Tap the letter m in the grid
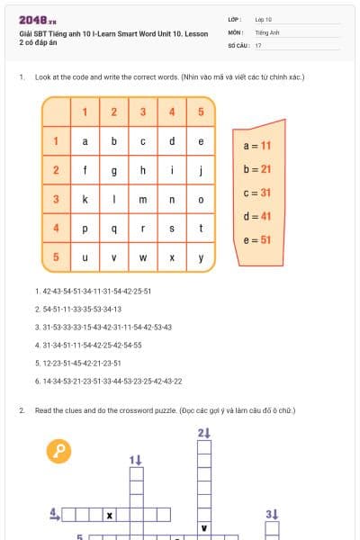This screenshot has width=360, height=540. [142, 199]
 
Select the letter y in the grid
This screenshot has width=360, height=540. [201, 257]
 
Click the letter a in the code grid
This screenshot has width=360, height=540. [85, 141]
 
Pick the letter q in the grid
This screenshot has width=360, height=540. [113, 229]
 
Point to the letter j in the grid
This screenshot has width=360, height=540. [201, 170]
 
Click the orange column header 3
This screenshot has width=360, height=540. [142, 112]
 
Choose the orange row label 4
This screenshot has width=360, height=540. [56, 228]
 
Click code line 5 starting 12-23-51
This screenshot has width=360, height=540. [78, 363]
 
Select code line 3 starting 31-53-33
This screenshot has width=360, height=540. [103, 327]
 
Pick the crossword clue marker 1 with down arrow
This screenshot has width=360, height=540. [136, 460]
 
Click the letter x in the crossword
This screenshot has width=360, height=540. [110, 516]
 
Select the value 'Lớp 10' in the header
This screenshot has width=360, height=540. [264, 19]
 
